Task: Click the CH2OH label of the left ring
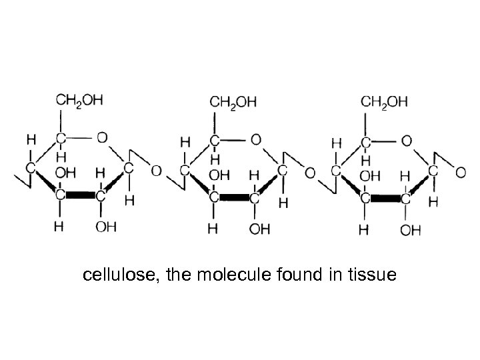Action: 79,101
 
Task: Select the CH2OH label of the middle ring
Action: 233,103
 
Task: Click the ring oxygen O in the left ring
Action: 101,139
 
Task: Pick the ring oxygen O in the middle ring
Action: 256,141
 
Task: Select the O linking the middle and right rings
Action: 309,172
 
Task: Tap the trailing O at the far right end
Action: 461,172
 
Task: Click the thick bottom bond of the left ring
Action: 80,197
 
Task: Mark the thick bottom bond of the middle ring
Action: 234,198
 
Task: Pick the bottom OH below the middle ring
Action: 259,230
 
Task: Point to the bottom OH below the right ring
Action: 410,230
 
